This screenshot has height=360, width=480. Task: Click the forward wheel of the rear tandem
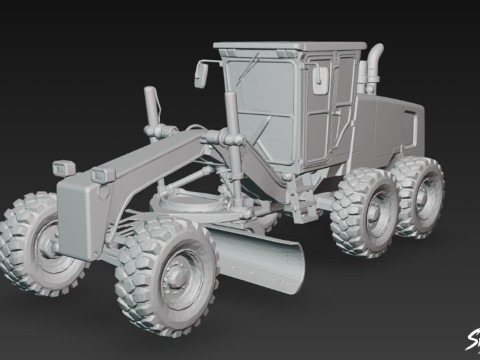[x=368, y=212]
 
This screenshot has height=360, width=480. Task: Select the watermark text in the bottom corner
[x=470, y=340]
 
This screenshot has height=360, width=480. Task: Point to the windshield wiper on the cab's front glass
[x=262, y=125]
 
